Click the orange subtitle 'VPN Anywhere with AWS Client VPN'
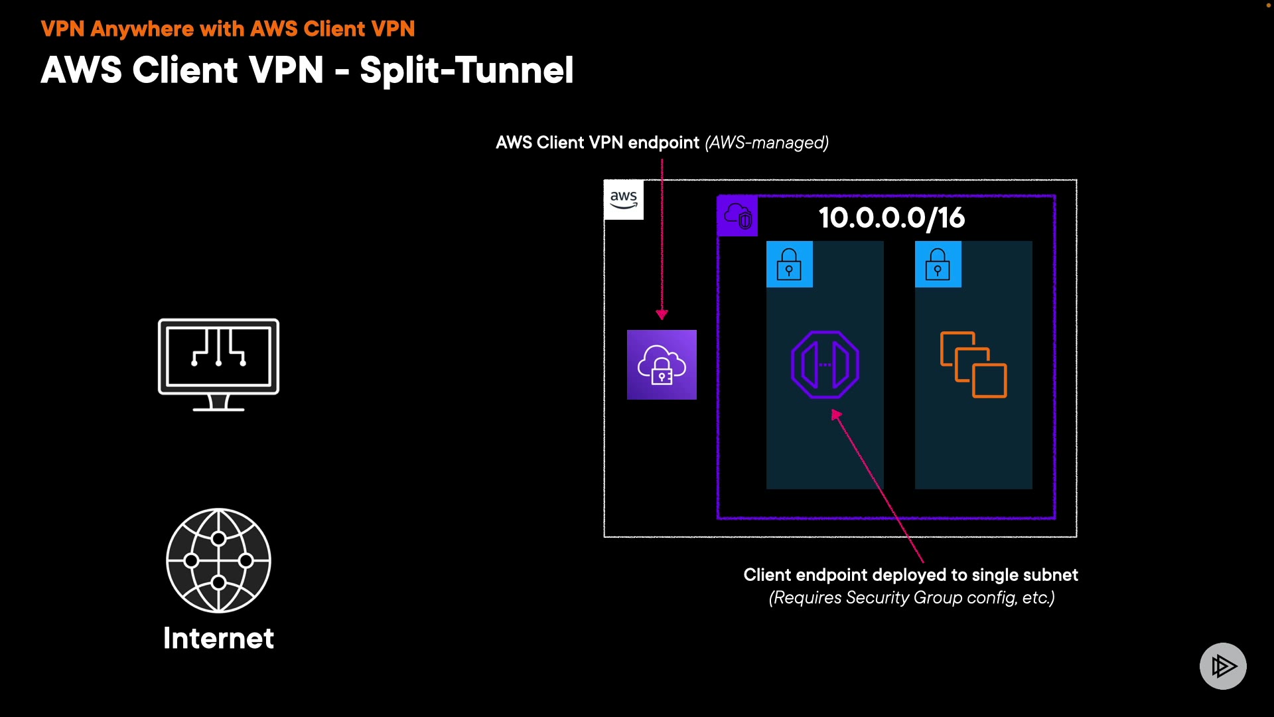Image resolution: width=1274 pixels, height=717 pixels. [x=228, y=29]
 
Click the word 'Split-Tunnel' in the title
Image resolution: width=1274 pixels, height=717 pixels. [x=466, y=70]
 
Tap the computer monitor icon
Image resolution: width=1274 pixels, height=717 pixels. [x=218, y=364]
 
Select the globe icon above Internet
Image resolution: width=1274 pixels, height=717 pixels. [x=218, y=560]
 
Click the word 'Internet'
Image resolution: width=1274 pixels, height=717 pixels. [x=218, y=639]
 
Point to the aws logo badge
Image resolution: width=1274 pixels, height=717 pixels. [x=624, y=199]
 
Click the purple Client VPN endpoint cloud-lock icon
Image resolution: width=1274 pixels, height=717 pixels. [x=662, y=364]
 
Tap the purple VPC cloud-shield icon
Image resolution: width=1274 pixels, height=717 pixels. [x=738, y=216]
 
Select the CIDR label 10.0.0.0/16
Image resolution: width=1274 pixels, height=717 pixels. [x=891, y=218]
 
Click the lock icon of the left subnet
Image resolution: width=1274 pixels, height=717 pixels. [x=789, y=264]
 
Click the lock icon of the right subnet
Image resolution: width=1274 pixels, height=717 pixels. [x=938, y=264]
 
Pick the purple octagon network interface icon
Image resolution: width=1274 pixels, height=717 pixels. [x=825, y=364]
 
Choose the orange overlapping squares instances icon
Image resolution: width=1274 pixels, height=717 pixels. [x=973, y=364]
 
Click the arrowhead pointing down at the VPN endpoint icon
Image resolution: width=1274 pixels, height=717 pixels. [x=662, y=314]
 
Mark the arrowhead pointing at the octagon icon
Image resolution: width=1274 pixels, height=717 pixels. [x=837, y=415]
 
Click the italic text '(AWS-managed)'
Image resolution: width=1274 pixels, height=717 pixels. [x=766, y=143]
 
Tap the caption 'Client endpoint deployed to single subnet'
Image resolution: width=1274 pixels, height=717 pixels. [x=910, y=575]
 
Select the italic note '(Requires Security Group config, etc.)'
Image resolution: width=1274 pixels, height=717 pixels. [x=912, y=597]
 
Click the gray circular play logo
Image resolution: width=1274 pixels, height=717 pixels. [x=1223, y=666]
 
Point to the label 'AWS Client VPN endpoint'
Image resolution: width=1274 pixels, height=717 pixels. [x=597, y=143]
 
